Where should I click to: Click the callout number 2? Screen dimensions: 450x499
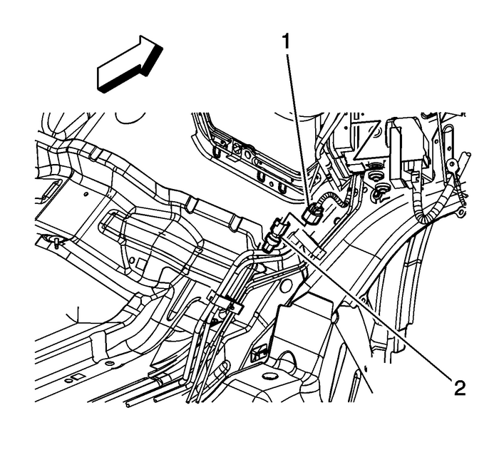[458, 387]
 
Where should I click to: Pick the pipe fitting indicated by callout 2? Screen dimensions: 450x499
[274, 239]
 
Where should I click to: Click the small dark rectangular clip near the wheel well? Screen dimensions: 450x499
[261, 351]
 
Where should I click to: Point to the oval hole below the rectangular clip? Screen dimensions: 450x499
[269, 376]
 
